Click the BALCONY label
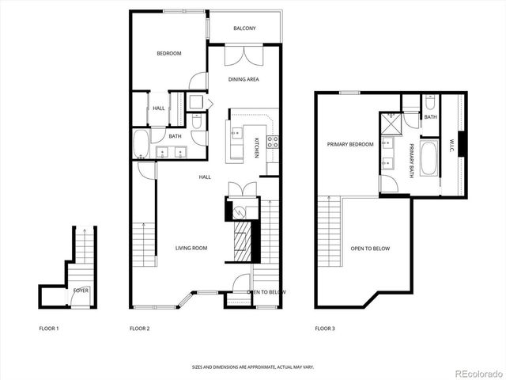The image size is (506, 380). [x=244, y=29]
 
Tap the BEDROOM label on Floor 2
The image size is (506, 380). [x=168, y=54]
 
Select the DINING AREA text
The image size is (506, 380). [x=244, y=79]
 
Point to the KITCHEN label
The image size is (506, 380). [x=256, y=146]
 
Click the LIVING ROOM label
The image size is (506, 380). [x=191, y=248]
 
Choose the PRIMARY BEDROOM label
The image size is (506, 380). [x=350, y=144]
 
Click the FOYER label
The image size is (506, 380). [x=81, y=291]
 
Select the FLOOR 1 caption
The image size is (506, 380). [x=49, y=328]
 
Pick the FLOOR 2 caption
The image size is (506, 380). [x=139, y=328]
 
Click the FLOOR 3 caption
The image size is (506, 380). [x=325, y=328]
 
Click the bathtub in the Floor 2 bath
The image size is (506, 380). [x=141, y=145]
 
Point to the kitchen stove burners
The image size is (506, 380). [x=273, y=142]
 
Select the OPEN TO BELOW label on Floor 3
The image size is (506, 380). [x=370, y=249]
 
